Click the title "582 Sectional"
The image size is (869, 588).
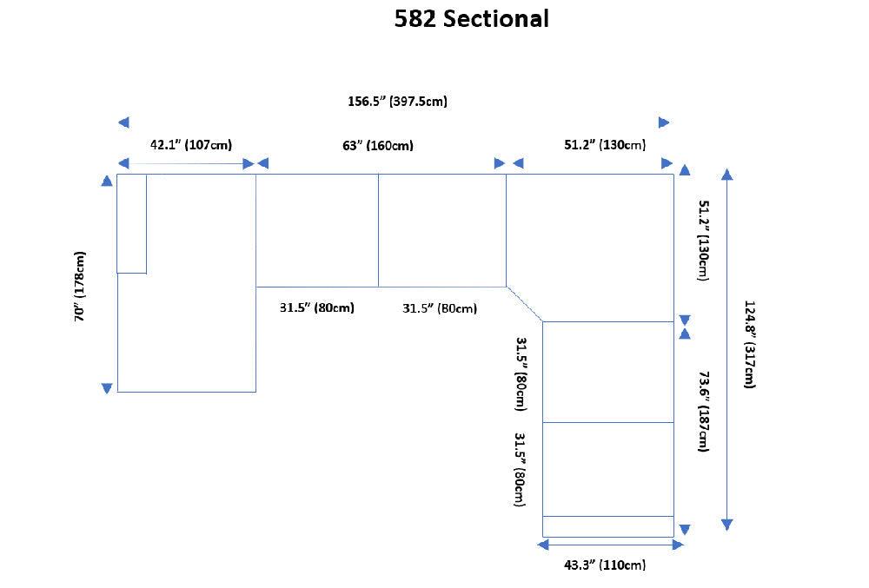[x=471, y=19]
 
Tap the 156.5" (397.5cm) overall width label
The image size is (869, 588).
[x=397, y=102]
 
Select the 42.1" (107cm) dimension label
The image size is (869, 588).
[x=191, y=145]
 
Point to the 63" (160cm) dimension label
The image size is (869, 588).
[x=378, y=145]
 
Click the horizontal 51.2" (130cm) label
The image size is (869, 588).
[x=605, y=145]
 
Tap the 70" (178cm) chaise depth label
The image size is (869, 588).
[x=80, y=287]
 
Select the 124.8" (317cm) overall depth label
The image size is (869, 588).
[x=749, y=344]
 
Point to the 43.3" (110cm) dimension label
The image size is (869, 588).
[x=605, y=565]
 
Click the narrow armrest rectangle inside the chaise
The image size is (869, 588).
[x=132, y=223]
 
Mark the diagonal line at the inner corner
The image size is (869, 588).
[x=525, y=304]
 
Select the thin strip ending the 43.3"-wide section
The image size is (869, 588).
[x=608, y=526]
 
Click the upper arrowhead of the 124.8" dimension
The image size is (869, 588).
[x=727, y=174]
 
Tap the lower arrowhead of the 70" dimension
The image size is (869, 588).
[x=107, y=388]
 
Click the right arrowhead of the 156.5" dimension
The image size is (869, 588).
[x=665, y=122]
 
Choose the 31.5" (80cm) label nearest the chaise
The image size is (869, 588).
[x=316, y=307]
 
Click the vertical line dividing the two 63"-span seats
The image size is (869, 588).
[x=378, y=230]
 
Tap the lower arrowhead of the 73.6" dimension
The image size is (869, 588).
[x=685, y=529]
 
